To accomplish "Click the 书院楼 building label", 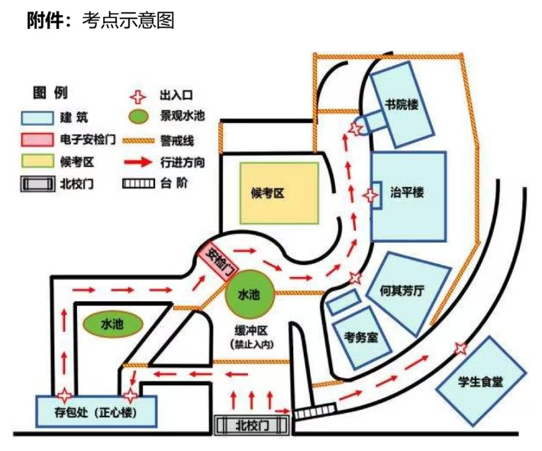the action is click(x=402, y=105).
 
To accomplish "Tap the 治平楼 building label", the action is click(x=407, y=192).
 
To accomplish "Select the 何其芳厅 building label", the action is click(x=402, y=291).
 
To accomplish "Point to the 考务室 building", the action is click(x=362, y=337).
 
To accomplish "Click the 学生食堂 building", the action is click(x=480, y=382).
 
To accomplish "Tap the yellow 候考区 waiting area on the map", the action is click(x=279, y=193).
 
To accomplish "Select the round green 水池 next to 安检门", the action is click(x=249, y=294).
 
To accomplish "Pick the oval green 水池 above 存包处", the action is click(x=113, y=324).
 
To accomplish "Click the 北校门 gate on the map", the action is click(x=251, y=425).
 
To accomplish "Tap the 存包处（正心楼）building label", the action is click(x=95, y=413).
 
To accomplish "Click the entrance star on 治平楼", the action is click(x=371, y=195).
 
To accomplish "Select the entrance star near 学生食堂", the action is click(x=460, y=348).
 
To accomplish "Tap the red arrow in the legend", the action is click(x=138, y=162).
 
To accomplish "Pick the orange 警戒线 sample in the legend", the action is click(x=138, y=140).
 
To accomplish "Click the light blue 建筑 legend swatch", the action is click(x=37, y=118).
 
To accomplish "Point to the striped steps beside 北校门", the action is click(x=315, y=411).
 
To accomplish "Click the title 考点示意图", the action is click(x=128, y=21).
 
